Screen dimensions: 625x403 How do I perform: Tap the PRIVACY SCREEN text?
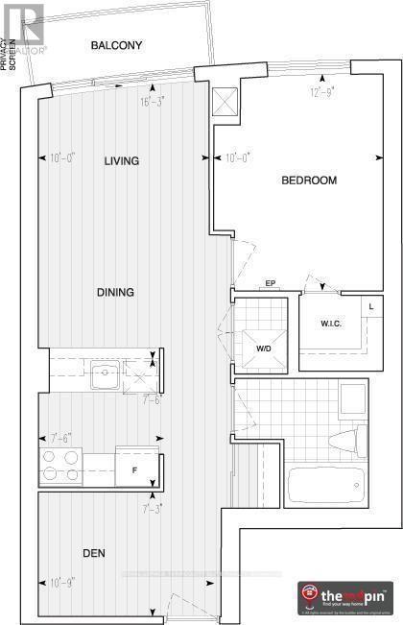pyautogui.click(x=10, y=59)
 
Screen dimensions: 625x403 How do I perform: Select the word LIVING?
pyautogui.click(x=122, y=161)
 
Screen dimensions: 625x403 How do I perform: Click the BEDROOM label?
pyautogui.click(x=308, y=180)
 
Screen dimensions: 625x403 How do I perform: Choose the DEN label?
pyautogui.click(x=92, y=554)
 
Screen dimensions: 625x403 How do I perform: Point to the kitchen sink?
pyautogui.click(x=105, y=374)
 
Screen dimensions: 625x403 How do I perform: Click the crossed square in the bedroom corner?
pyautogui.click(x=224, y=102)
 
